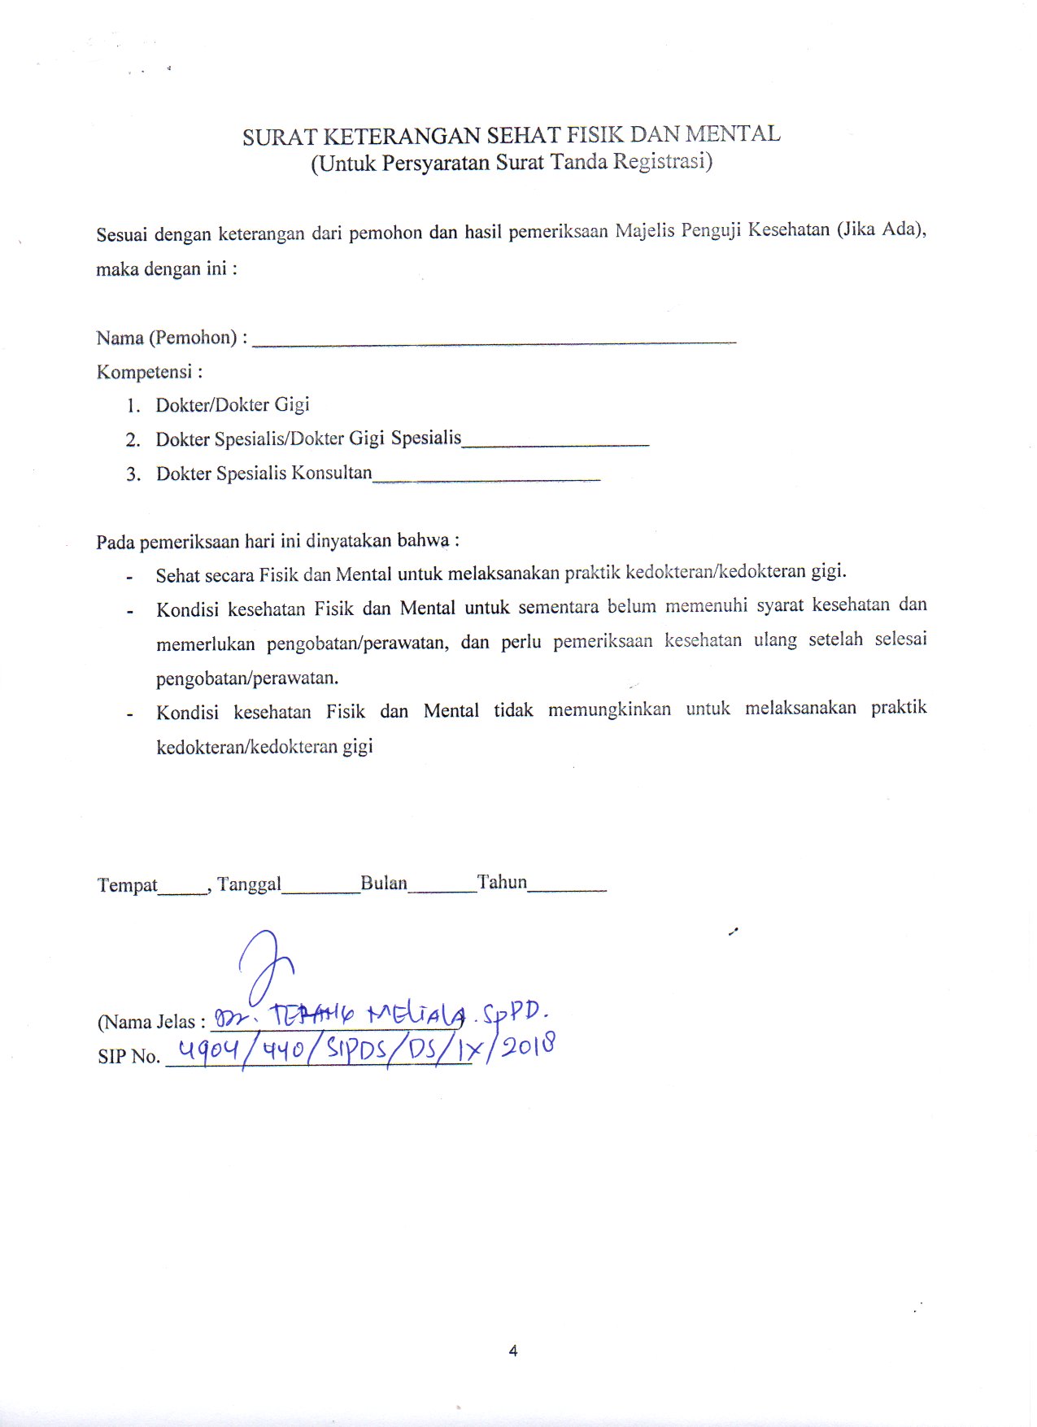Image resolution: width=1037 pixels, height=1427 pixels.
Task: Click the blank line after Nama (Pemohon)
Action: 494,343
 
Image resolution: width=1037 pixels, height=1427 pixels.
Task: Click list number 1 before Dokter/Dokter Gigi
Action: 133,406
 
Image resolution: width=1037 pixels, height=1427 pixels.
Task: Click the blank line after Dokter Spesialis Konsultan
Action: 486,479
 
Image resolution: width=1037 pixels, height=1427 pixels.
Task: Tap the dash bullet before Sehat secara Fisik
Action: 129,578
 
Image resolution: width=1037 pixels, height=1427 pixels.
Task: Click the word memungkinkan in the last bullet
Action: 609,709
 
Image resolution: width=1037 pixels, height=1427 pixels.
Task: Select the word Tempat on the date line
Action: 127,885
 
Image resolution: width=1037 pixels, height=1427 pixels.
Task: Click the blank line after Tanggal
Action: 320,892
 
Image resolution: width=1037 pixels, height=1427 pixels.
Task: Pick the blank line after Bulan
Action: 442,892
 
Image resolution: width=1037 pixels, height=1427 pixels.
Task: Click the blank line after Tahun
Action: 567,891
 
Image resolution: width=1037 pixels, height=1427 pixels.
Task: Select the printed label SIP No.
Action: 129,1057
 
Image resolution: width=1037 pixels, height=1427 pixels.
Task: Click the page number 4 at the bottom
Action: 513,1351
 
